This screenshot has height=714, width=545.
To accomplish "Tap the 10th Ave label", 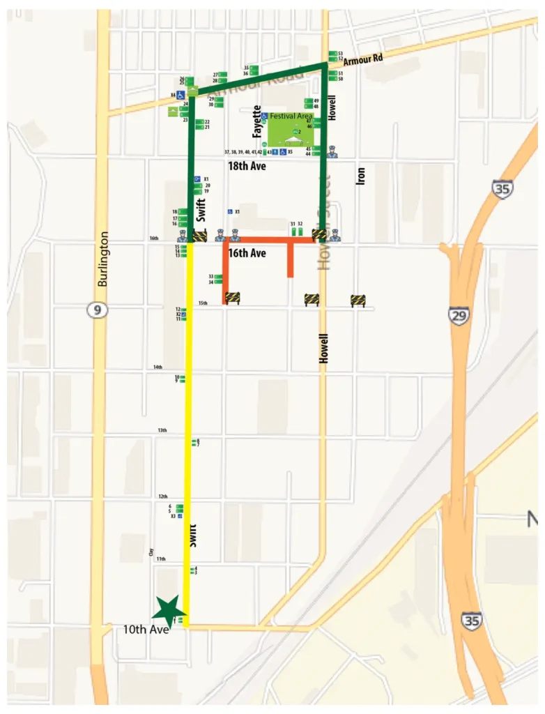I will [x=142, y=631].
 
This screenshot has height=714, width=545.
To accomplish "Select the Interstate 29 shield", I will [x=459, y=316].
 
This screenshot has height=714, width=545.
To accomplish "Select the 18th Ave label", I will [x=247, y=167].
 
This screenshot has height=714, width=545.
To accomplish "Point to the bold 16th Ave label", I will [x=247, y=254].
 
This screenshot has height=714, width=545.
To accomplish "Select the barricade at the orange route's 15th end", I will [x=232, y=298].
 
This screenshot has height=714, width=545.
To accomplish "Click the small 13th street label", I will [x=162, y=430].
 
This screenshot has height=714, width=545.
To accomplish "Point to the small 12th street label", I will [x=163, y=496].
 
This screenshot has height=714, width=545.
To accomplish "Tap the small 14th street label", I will [x=158, y=367].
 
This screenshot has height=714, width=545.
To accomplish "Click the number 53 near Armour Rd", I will [x=340, y=53].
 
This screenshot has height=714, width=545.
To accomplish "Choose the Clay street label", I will [x=151, y=552].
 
